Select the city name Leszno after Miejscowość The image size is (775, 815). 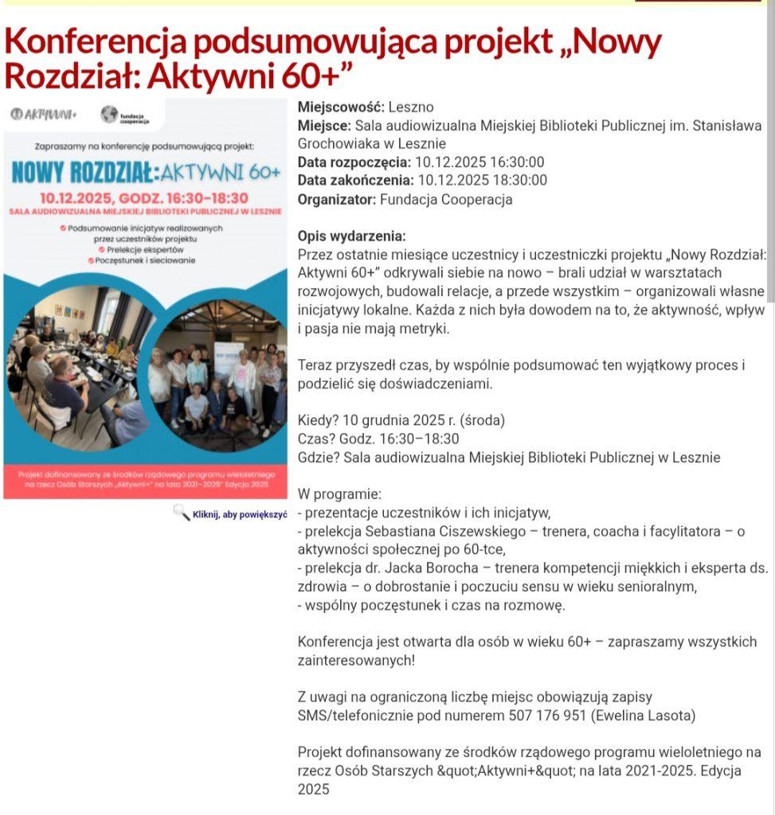[411, 107]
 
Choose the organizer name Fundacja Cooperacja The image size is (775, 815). [446, 200]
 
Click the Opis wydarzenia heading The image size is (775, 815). [351, 237]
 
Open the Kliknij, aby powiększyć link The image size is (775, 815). [239, 514]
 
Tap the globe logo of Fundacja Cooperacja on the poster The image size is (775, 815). [109, 115]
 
